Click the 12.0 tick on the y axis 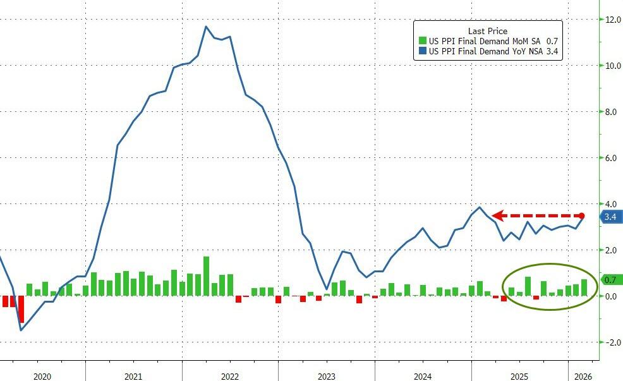611,20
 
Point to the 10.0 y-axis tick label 611,66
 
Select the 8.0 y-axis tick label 611,112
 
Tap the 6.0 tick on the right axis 611,158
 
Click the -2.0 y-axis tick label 610,342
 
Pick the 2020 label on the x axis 42,377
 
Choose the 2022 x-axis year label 230,377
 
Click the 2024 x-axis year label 423,377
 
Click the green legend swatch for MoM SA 421,41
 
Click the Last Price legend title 487,31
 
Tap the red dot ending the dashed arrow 581,216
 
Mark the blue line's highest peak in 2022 206,27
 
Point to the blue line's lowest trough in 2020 21,330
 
